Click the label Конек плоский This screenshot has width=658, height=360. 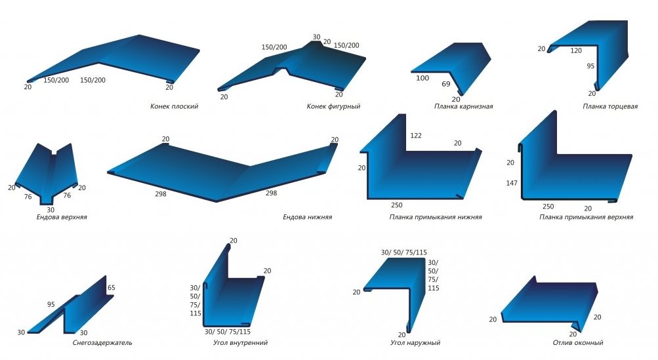(174, 107)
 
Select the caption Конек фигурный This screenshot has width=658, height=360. (333, 107)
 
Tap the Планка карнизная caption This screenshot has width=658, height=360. (463, 107)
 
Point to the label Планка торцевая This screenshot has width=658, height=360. (609, 107)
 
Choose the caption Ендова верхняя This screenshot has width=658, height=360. (62, 217)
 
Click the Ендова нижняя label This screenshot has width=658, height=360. (307, 217)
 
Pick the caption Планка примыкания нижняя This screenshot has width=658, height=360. (435, 217)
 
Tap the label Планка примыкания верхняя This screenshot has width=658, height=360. (586, 217)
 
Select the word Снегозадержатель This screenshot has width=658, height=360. (102, 343)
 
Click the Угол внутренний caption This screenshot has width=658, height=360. (240, 343)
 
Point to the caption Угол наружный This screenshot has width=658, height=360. (415, 343)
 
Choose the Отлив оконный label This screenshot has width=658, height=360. (577, 343)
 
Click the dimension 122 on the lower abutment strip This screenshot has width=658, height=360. (416, 136)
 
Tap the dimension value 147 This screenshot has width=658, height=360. (512, 183)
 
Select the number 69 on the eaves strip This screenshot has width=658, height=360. (445, 84)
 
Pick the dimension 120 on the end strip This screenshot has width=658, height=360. (576, 50)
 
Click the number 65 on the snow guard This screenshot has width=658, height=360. (112, 288)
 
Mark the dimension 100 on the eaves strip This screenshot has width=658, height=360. (422, 78)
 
